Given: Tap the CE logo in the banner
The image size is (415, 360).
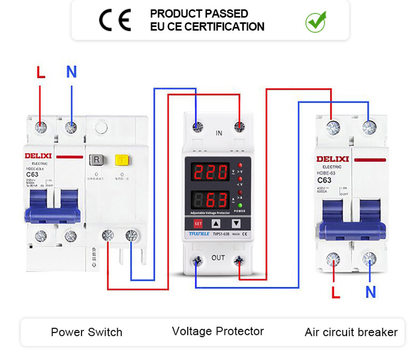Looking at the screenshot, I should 115,20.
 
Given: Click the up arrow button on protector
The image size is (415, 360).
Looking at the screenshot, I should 216,223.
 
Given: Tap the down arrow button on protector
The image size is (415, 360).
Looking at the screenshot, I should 236,223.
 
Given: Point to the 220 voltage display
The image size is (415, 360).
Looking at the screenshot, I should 212,172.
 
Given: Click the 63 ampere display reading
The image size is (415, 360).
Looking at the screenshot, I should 215,199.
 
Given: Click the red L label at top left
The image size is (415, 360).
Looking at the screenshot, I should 41,73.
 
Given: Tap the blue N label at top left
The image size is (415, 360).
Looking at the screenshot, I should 71,73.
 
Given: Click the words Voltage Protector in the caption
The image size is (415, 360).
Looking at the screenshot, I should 218,331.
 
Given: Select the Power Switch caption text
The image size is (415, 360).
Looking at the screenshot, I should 86,332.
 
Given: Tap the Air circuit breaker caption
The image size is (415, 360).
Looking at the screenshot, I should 351,332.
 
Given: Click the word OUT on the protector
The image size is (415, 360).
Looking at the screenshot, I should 218,258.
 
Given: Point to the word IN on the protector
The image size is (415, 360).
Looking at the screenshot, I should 219,132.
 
